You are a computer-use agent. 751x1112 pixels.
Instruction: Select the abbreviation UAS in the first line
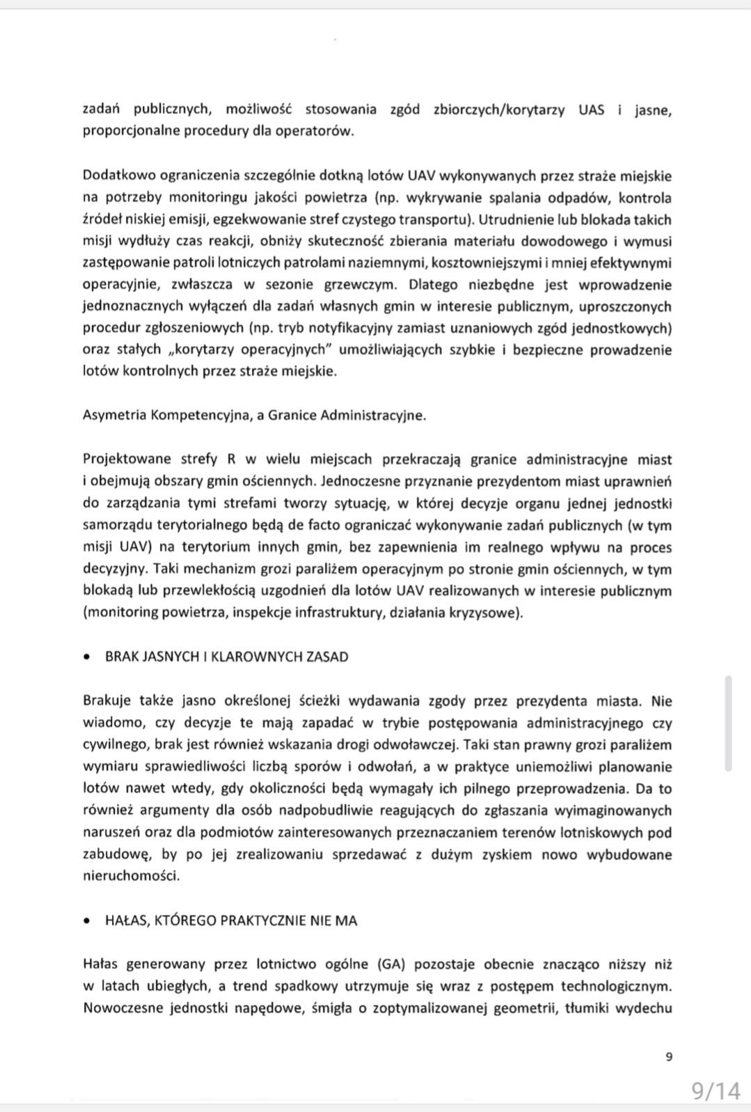tap(592, 109)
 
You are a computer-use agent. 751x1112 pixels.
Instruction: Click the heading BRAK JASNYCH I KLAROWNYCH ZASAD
tap(226, 657)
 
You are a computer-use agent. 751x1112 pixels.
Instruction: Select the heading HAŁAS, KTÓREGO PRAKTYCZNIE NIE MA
tap(230, 921)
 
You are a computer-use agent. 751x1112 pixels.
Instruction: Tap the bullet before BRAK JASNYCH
tap(87, 657)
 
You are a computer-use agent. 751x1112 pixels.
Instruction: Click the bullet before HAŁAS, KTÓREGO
tap(87, 921)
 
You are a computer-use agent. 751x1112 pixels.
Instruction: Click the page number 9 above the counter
tap(669, 1057)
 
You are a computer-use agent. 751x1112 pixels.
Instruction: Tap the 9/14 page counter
tap(716, 1090)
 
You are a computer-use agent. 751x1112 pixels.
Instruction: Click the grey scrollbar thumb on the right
tap(728, 723)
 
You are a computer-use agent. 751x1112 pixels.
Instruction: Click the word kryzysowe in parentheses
tap(490, 613)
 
